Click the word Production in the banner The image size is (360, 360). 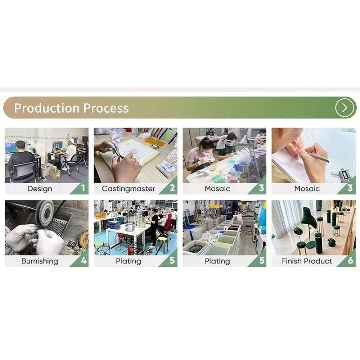(x=47, y=108)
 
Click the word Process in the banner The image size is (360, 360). (x=106, y=108)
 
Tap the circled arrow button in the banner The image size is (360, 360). (x=345, y=107)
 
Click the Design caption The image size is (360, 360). (x=40, y=189)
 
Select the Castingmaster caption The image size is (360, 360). (x=129, y=189)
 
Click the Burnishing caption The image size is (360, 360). (x=40, y=261)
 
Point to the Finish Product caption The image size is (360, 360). (x=307, y=261)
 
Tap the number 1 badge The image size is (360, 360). (x=83, y=188)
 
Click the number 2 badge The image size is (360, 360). (x=172, y=188)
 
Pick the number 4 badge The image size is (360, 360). (x=84, y=260)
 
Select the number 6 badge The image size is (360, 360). (x=350, y=260)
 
